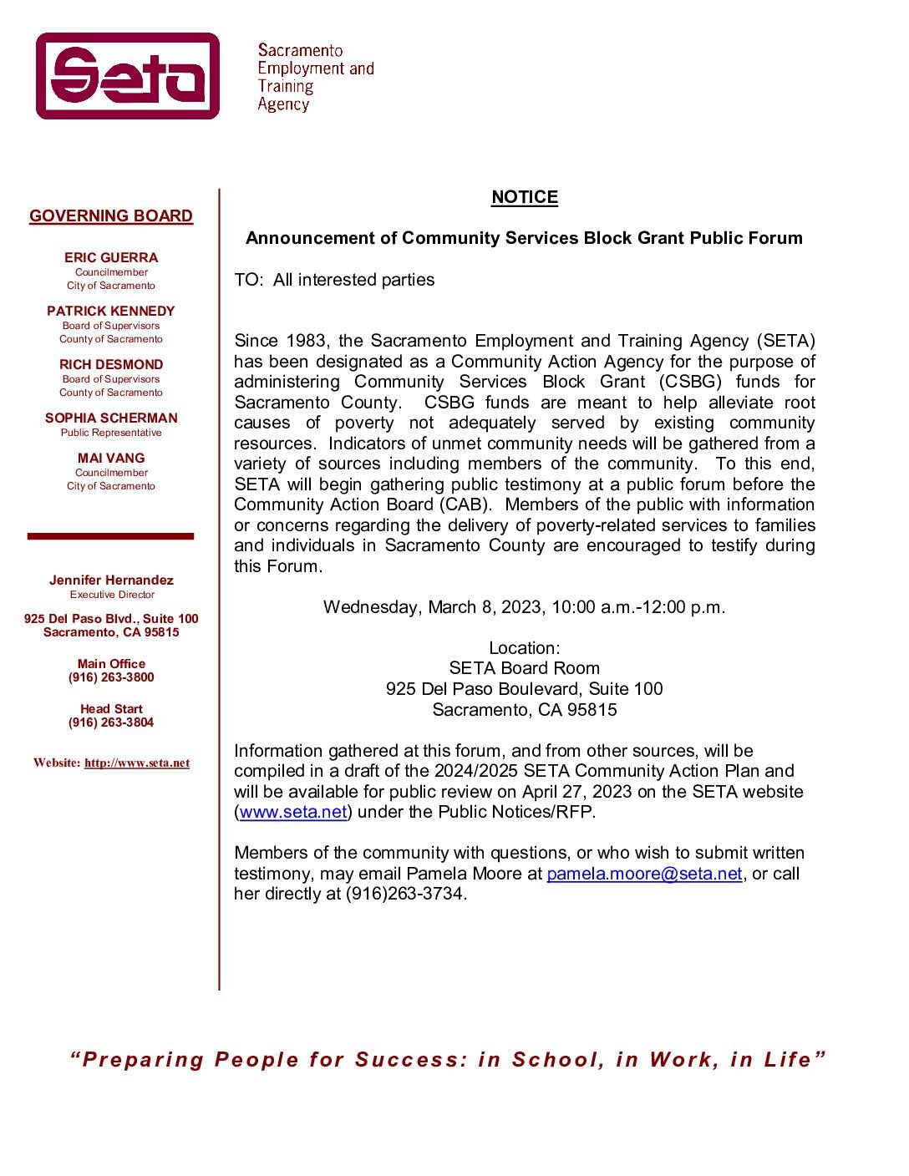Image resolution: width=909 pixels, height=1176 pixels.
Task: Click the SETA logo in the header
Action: tap(128, 76)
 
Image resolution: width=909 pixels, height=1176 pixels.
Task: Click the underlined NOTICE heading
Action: tap(524, 197)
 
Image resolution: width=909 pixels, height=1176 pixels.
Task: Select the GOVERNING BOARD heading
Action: tap(111, 216)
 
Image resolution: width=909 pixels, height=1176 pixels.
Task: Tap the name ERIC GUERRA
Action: tap(111, 258)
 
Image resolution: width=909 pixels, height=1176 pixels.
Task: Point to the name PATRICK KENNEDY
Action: tap(111, 312)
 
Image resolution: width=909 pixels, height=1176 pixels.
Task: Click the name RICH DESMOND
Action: tap(111, 365)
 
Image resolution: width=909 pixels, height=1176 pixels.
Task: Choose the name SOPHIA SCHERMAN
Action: tap(111, 418)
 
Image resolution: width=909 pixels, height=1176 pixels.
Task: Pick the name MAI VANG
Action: tap(111, 459)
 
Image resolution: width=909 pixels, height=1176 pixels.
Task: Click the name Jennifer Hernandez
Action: tap(111, 580)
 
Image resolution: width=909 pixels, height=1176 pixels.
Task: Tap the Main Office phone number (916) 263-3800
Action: tap(111, 677)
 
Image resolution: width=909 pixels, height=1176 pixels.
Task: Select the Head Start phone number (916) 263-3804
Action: tap(111, 722)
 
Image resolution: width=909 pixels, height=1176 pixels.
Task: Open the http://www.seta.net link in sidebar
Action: tap(137, 763)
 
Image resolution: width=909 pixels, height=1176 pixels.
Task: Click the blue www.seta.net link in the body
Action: tap(293, 812)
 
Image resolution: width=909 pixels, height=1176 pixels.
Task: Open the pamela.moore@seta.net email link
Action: tap(644, 874)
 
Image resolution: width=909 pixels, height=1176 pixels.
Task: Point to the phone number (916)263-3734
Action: tap(404, 894)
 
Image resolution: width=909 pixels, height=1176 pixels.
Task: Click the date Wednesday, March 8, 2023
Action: tap(434, 607)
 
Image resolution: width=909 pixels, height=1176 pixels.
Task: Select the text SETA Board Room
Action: tap(524, 668)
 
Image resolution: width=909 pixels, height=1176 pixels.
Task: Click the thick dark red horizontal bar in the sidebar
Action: tap(110, 536)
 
